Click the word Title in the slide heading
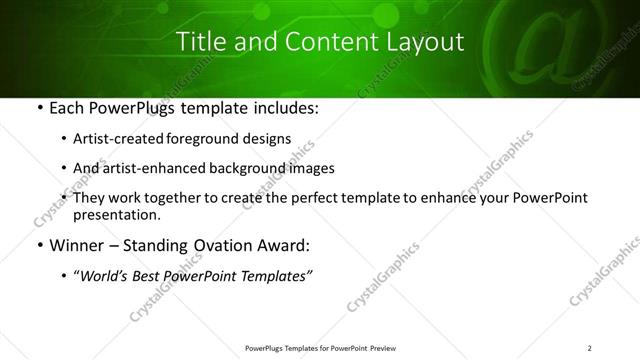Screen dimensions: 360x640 point(199,42)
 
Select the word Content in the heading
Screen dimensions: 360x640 point(317,42)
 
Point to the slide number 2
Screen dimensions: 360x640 point(590,348)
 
